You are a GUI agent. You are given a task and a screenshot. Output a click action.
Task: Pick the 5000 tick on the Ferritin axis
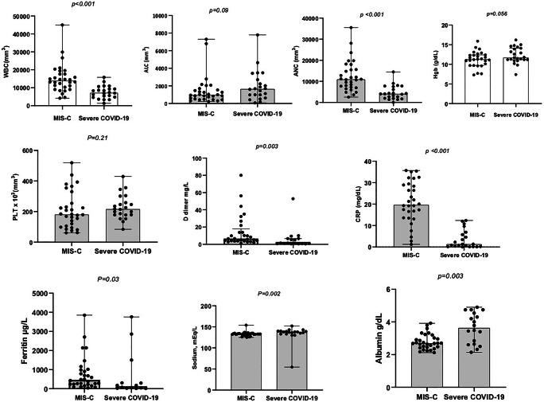click(x=45, y=294)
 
